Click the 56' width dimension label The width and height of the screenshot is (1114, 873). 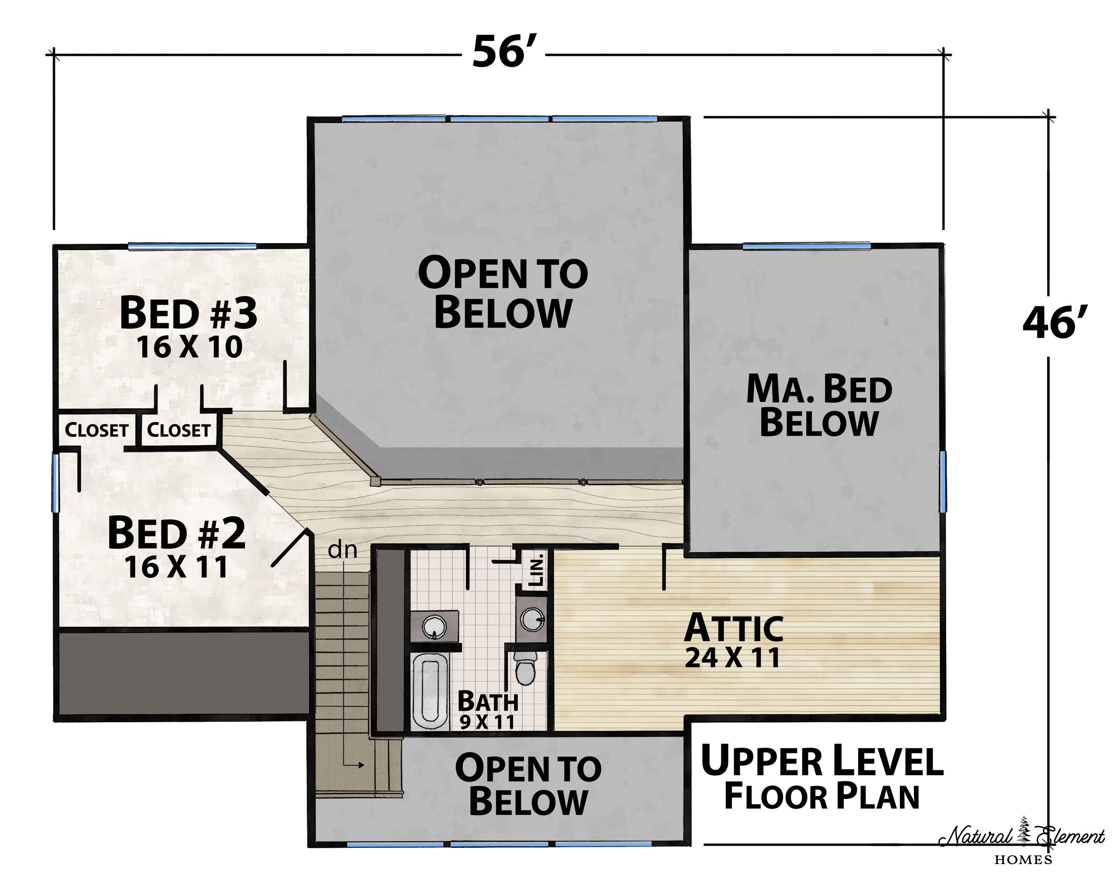[500, 52]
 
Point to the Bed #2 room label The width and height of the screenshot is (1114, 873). [177, 533]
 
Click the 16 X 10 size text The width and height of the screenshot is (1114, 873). [189, 347]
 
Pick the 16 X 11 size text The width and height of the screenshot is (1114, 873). [177, 567]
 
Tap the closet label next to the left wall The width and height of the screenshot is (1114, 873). [96, 430]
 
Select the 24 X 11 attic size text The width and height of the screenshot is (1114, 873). [732, 657]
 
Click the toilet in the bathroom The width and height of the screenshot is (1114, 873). [524, 667]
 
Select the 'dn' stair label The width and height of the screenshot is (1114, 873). [342, 550]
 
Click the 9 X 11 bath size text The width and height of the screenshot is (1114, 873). [487, 722]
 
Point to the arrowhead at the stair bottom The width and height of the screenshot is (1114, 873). [361, 765]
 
